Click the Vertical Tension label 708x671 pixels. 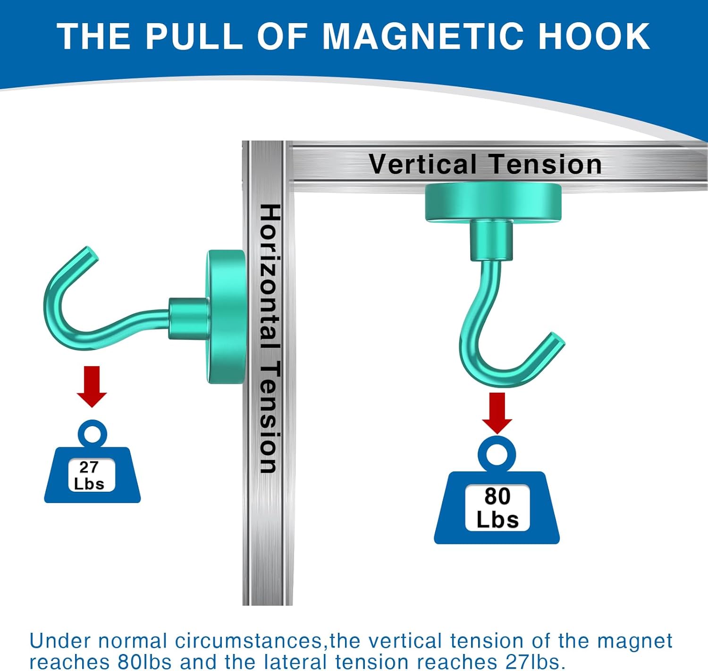point(485,164)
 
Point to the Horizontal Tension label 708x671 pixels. point(270,338)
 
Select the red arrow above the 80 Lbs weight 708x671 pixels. point(497,412)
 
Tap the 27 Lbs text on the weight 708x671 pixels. point(89,475)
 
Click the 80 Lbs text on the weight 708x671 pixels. point(497,508)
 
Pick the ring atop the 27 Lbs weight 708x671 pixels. point(93,433)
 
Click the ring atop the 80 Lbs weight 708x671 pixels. point(497,453)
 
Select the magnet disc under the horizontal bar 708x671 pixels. point(493,202)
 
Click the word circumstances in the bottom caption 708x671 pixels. point(249,641)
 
